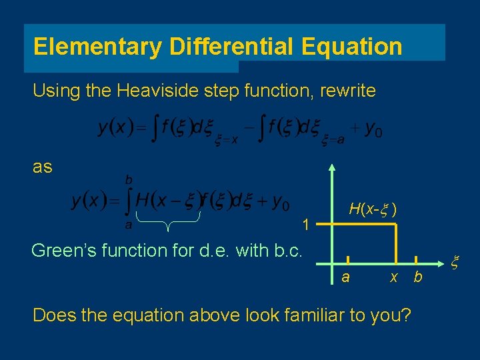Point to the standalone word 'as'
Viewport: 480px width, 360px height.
[43, 167]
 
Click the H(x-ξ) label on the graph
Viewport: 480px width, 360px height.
[374, 209]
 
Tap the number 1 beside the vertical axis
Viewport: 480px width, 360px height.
[305, 225]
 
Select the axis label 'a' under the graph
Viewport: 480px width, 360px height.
[345, 277]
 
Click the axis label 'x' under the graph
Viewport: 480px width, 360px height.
[394, 277]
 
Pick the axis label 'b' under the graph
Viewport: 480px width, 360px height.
[418, 277]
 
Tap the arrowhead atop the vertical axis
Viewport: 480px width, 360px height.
[332, 167]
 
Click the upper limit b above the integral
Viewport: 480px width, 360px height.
[129, 180]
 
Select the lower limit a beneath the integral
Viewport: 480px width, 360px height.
[129, 225]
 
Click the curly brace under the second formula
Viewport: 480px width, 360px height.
[169, 223]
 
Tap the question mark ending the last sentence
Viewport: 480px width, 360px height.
[405, 315]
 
